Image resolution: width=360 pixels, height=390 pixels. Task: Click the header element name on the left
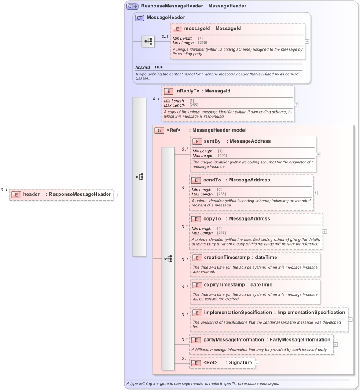[x=31, y=194]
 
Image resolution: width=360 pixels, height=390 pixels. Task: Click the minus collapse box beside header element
[x=115, y=195]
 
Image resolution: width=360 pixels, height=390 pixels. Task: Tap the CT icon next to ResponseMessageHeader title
[x=132, y=6]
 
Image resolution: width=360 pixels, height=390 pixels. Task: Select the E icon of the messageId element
[x=177, y=29]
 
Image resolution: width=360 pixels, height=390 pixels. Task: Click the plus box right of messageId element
[x=307, y=41]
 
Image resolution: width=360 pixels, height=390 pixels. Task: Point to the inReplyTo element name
[x=187, y=91]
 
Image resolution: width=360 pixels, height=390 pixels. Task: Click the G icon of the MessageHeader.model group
[x=159, y=130]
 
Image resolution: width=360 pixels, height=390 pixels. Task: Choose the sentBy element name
[x=212, y=141]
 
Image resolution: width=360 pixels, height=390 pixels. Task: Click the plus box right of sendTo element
[x=315, y=193]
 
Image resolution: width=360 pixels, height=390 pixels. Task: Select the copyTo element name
[x=212, y=219]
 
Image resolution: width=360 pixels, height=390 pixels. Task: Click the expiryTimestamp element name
[x=224, y=285]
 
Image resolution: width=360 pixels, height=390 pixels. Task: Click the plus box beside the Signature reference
[x=257, y=363]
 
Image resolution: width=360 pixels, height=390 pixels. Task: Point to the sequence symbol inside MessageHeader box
[x=148, y=42]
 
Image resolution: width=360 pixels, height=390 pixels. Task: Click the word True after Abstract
[x=158, y=67]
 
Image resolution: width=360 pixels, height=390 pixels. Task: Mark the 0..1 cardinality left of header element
[x=4, y=190]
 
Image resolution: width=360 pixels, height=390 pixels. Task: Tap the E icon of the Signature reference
[x=196, y=363]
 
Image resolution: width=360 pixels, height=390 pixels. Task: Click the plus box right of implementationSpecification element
[x=350, y=320]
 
